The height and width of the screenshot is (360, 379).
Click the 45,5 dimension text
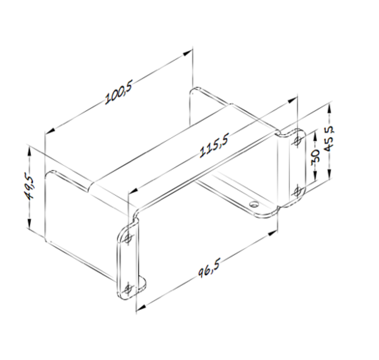pyautogui.click(x=328, y=138)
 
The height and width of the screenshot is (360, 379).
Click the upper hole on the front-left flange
pyautogui.click(x=128, y=238)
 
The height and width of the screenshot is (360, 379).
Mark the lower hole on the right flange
pyautogui.click(x=298, y=191)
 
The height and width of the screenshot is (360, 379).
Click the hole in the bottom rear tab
pyautogui.click(x=254, y=205)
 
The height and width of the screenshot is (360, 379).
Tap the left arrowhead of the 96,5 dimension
pyautogui.click(x=139, y=309)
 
